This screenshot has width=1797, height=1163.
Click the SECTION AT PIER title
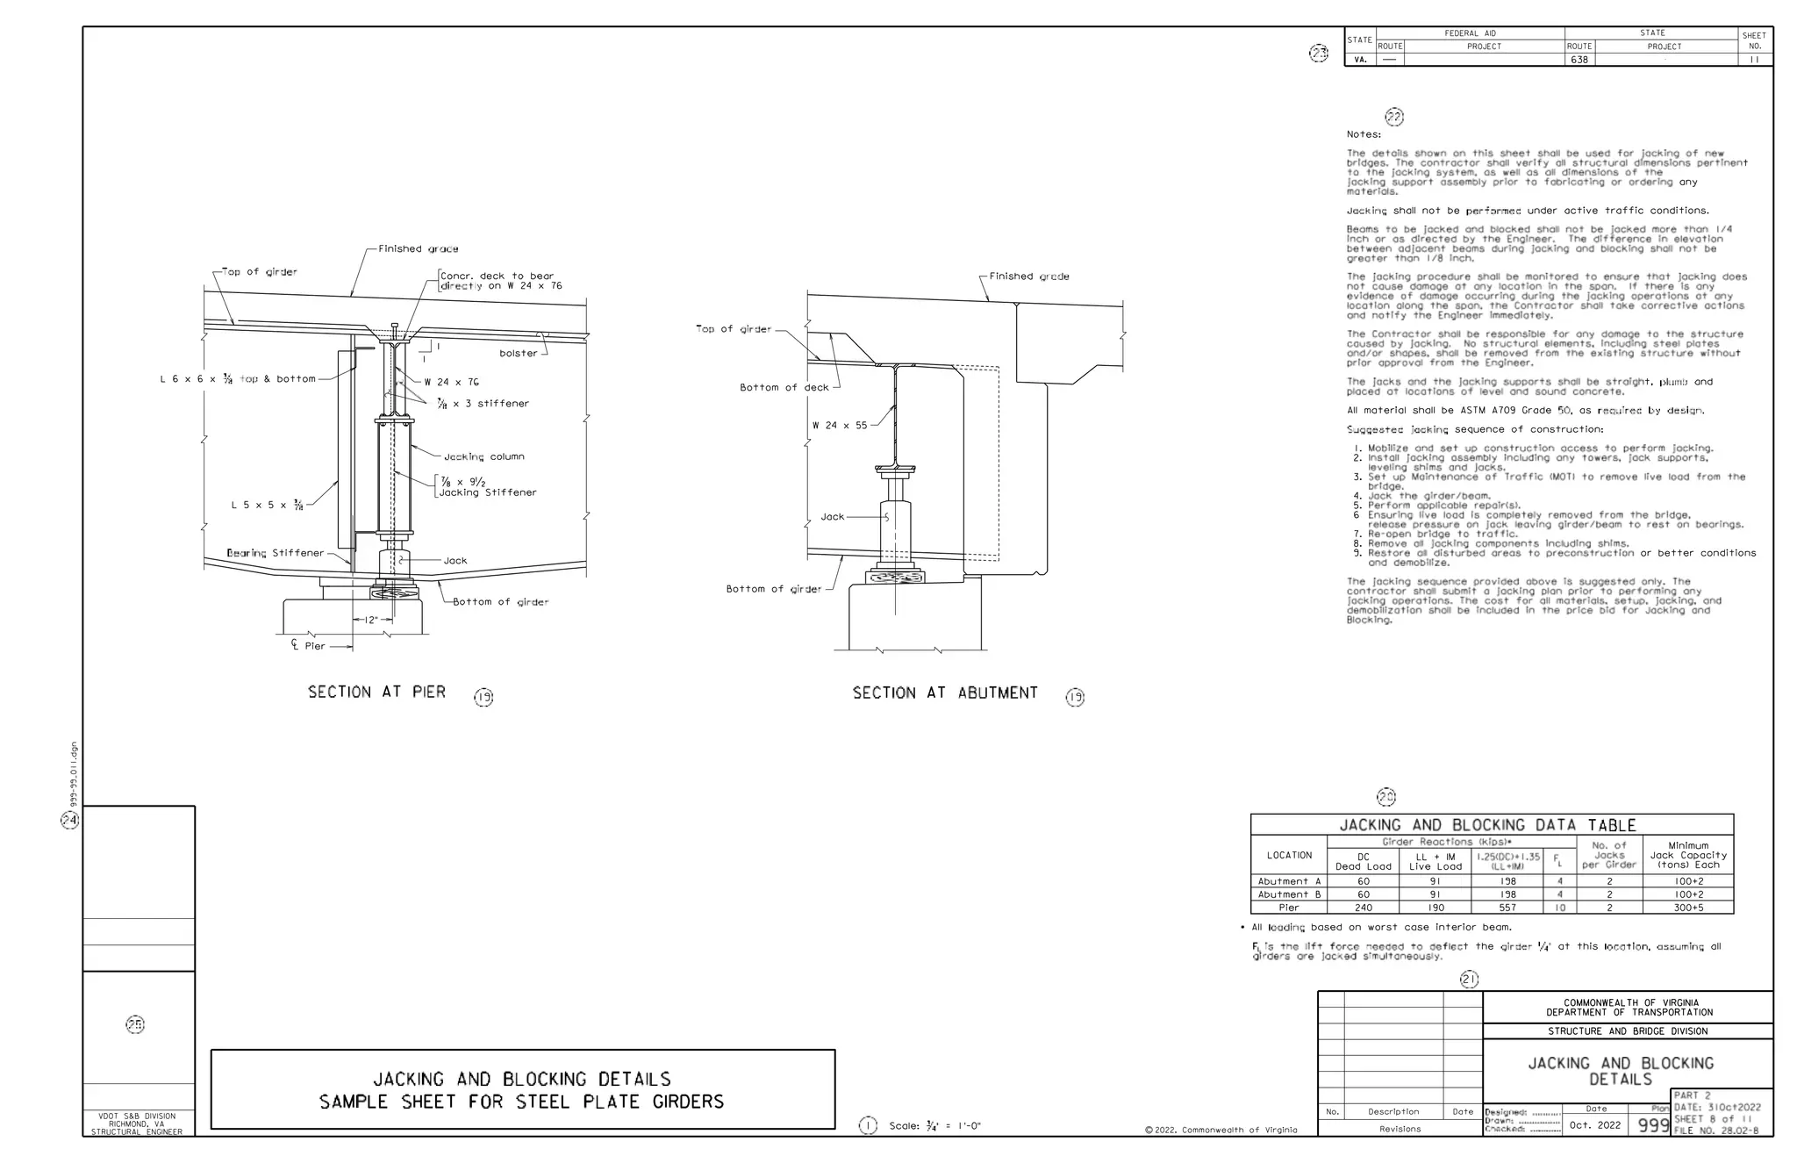[x=376, y=693]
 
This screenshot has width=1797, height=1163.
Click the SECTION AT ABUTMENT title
[x=945, y=693]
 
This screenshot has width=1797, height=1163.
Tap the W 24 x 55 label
[x=839, y=426]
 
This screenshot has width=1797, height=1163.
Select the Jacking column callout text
[x=483, y=456]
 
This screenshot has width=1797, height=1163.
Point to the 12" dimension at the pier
[x=372, y=620]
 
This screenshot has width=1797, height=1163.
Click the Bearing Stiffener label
[x=275, y=553]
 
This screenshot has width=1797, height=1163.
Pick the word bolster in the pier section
[x=518, y=353]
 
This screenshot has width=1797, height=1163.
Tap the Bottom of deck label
[x=784, y=387]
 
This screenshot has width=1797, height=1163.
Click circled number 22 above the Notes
[x=1393, y=117]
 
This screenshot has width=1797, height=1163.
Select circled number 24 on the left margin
[x=69, y=820]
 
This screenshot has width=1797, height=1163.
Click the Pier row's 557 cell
[x=1507, y=908]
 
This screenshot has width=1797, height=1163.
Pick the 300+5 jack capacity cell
[x=1688, y=908]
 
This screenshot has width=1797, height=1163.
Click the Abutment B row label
[x=1289, y=894]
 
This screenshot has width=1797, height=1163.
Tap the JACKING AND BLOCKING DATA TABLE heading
[x=1487, y=825]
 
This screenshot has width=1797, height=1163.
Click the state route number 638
[x=1579, y=60]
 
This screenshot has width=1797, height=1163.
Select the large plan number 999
[x=1653, y=1125]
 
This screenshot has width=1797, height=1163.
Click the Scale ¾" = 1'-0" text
[x=934, y=1126]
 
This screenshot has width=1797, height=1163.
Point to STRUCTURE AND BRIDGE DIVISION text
[x=1628, y=1031]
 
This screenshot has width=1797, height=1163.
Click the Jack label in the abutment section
[x=832, y=517]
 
